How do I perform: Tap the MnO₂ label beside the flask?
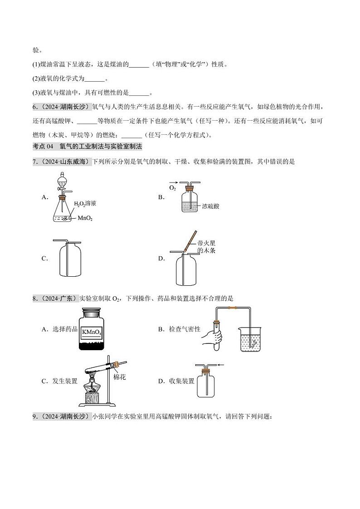[85, 218]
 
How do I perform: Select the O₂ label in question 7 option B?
[172, 187]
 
